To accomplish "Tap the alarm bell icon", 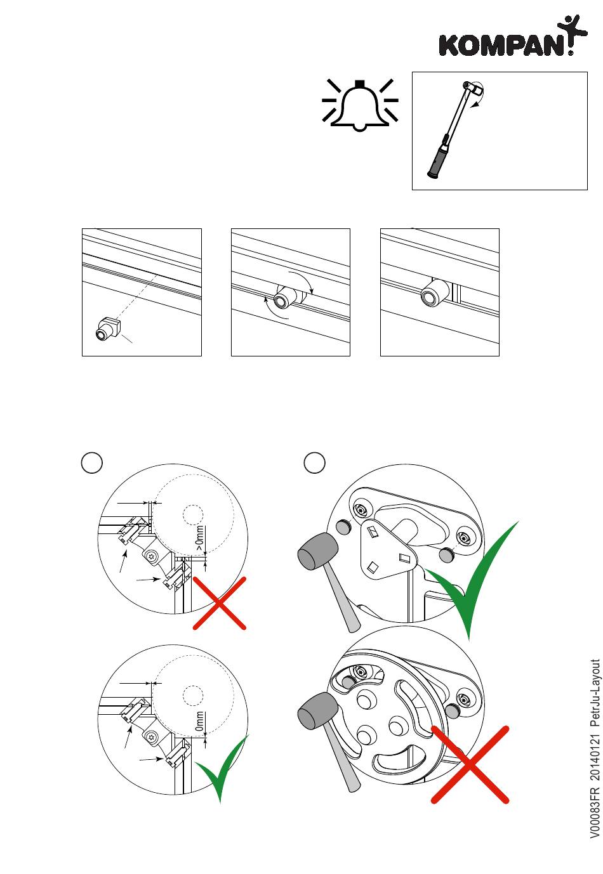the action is coord(360,106).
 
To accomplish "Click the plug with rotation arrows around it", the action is coord(284,297).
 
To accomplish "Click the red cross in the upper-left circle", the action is coord(219,603).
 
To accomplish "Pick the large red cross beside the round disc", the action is coord(470,764).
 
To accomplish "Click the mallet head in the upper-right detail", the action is coord(318,551).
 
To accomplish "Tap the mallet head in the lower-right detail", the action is coord(318,710).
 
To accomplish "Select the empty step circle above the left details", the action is coord(92,462).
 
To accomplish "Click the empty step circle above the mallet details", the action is coord(315,462).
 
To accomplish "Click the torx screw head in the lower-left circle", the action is coord(154,738).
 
